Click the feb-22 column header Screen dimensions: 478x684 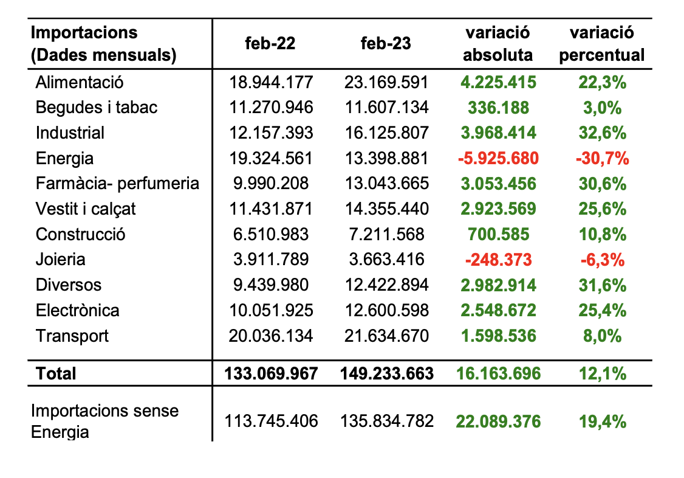[x=271, y=44]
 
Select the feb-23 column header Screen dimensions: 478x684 [x=386, y=44]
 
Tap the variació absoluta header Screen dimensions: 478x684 [x=498, y=44]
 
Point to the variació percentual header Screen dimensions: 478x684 [x=601, y=44]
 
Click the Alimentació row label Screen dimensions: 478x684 [x=80, y=82]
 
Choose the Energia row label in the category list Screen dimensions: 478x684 [x=65, y=159]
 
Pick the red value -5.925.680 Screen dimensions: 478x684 [x=498, y=159]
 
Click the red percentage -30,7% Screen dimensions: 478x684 [x=601, y=159]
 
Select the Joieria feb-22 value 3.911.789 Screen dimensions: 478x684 [x=271, y=260]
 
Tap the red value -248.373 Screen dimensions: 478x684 [x=498, y=260]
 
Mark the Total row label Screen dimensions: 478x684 [x=56, y=373]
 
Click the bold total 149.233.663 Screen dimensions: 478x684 [x=386, y=373]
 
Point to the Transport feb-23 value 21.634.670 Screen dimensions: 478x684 [x=386, y=336]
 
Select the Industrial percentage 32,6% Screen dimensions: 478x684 [x=601, y=133]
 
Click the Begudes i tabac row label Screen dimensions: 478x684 [x=97, y=108]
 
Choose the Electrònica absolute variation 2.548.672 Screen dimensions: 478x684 [x=498, y=311]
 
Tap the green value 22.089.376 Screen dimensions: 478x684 [x=498, y=421]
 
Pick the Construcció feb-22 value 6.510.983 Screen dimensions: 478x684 [x=271, y=234]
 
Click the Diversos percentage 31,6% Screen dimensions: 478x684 [x=601, y=285]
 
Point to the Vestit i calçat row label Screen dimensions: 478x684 [x=86, y=209]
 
